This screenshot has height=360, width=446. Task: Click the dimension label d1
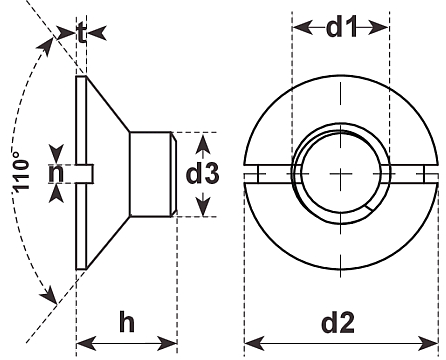coord(341,27)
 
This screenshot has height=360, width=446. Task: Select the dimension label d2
coord(338,322)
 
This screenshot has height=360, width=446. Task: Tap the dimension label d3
coord(202,173)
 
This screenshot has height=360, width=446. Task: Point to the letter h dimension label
coord(127,322)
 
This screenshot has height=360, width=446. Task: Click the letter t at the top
coord(81,33)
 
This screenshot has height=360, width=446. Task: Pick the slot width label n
coord(56,173)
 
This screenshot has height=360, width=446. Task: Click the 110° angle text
coord(21,172)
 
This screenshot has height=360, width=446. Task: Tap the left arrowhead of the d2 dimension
coord(254,343)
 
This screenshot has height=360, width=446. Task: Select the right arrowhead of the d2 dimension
coord(428,343)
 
